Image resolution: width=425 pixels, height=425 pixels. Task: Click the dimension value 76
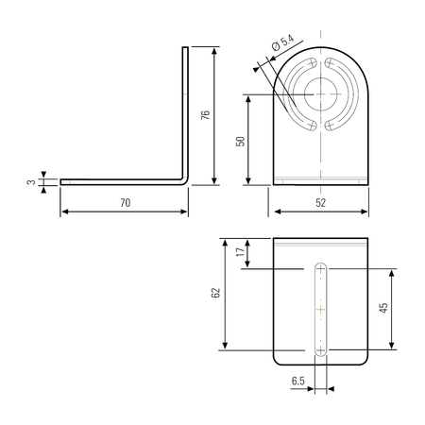(205, 114)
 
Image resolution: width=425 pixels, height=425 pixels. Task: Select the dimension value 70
(126, 203)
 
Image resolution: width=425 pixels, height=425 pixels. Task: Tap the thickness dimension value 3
(31, 182)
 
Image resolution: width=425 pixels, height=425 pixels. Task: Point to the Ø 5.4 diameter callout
(282, 42)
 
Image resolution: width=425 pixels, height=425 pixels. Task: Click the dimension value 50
(240, 142)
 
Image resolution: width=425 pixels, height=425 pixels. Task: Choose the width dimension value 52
(320, 203)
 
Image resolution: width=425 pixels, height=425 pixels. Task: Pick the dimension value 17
(240, 251)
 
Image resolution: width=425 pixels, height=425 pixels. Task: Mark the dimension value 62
(215, 293)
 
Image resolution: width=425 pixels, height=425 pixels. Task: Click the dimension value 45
(383, 308)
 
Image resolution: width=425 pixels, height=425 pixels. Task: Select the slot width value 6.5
(297, 381)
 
